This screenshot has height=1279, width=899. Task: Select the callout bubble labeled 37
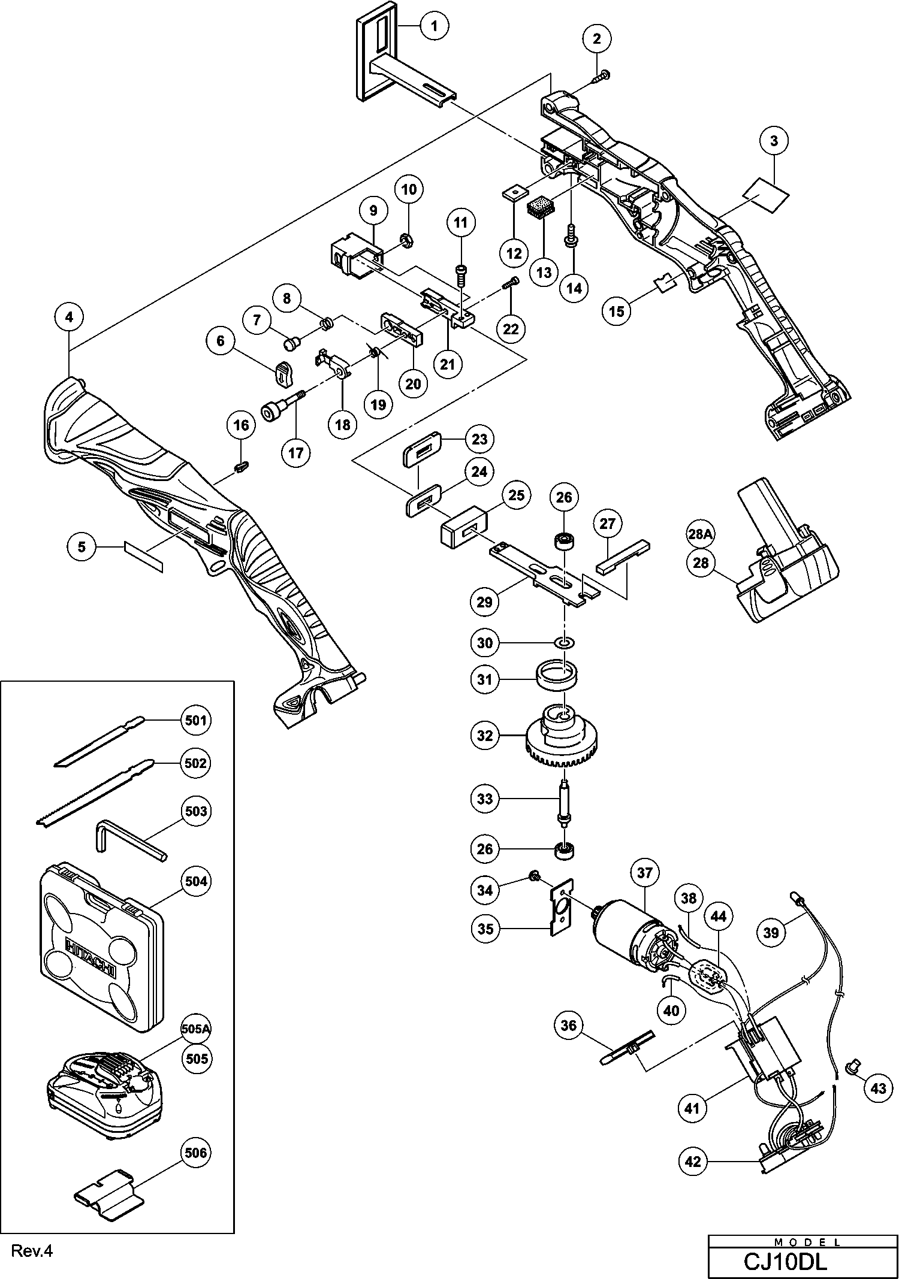[x=644, y=873]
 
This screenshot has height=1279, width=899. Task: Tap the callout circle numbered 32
[x=485, y=736]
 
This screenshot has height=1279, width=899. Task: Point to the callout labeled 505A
[x=196, y=1029]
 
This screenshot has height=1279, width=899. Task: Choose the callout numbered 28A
[x=699, y=534]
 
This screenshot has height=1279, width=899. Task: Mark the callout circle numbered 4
[x=70, y=317]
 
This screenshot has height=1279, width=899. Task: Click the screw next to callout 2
[x=602, y=77]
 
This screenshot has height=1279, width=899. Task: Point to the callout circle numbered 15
[x=617, y=311]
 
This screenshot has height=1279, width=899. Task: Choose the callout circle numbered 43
[x=878, y=1087]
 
